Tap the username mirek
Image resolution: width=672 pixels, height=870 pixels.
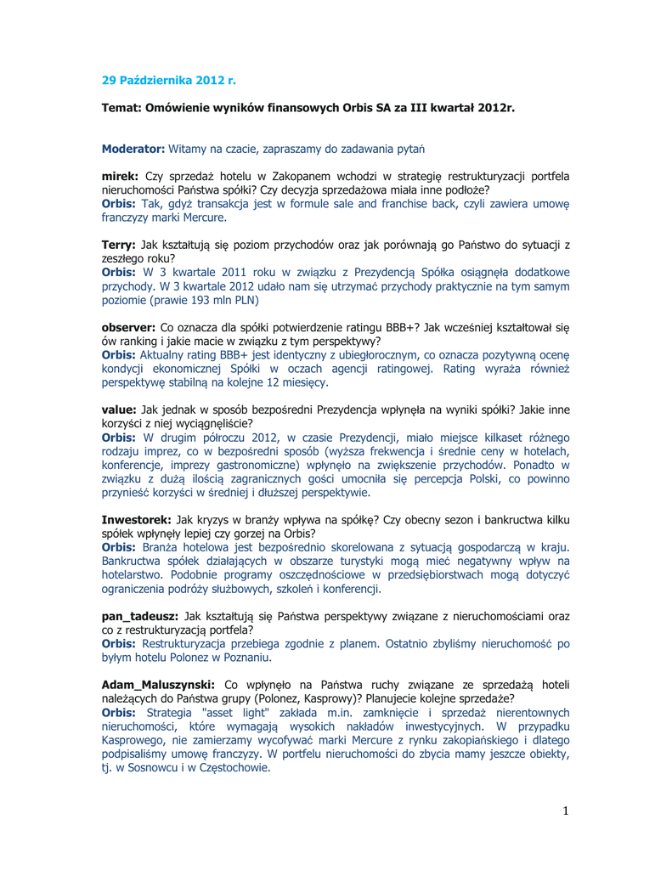119,176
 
